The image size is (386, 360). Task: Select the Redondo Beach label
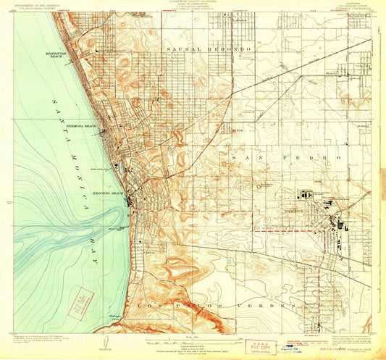click(x=109, y=194)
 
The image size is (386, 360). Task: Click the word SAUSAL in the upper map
click(x=183, y=48)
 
